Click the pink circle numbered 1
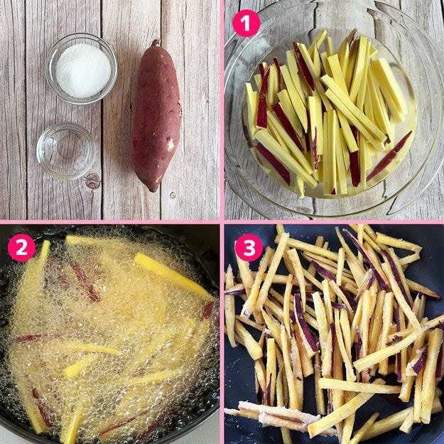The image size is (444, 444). point(246,23)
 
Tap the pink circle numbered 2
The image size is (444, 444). point(21,247)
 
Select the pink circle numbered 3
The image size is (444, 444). point(249,247)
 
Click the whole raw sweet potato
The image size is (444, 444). point(156,116)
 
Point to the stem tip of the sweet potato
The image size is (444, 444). point(155,42)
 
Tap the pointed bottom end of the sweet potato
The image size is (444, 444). point(153,190)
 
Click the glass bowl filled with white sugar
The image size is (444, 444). point(81,69)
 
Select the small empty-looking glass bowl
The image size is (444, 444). point(65,151)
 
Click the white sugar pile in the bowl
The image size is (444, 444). point(83,70)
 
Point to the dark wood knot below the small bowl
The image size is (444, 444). point(92,180)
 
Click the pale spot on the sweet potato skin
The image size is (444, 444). point(170,144)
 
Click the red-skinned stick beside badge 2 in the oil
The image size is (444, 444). point(85,281)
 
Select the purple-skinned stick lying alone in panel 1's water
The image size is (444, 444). point(389,156)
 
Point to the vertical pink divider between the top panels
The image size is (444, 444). point(222,110)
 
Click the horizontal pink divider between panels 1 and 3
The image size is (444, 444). point(334,222)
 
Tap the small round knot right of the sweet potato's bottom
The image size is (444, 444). point(172,195)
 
